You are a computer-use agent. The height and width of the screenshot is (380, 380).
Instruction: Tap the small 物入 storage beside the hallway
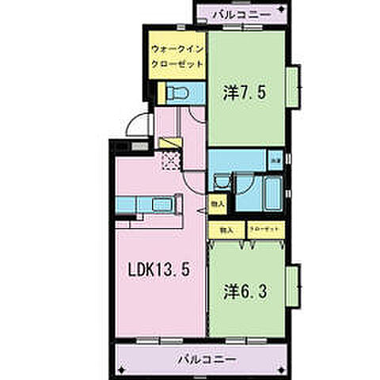(x=219, y=203)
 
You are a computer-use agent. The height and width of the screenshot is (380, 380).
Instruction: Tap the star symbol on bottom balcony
(x=124, y=368)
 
